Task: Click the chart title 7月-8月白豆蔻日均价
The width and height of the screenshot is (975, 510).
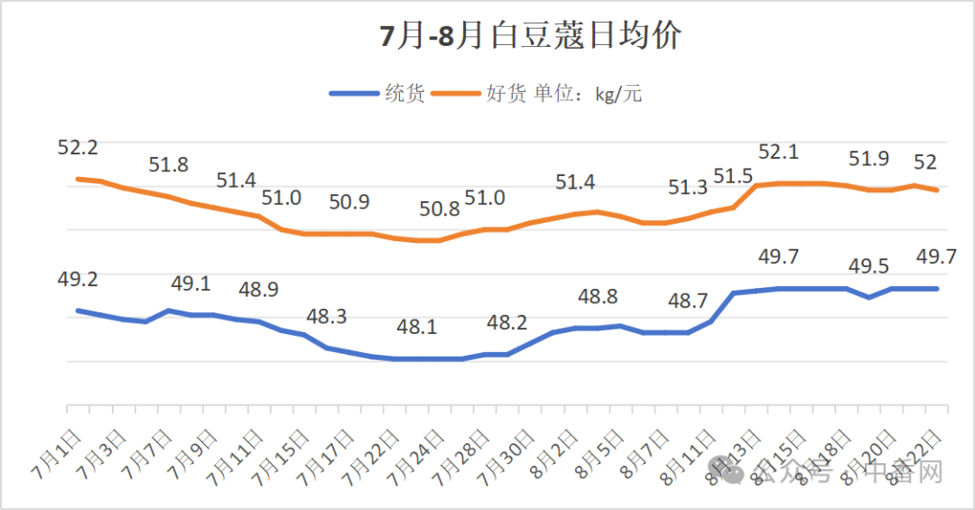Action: (530, 37)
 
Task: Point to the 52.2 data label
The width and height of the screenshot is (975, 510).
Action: (78, 147)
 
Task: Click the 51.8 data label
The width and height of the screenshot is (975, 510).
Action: (169, 164)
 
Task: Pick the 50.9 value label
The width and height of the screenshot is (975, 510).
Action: (349, 202)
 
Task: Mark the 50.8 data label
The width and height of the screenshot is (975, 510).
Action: (440, 209)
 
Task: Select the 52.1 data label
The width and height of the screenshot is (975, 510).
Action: (778, 152)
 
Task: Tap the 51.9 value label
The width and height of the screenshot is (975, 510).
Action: (868, 159)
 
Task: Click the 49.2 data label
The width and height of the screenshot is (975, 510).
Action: (78, 280)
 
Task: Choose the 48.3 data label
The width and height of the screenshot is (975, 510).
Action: (327, 317)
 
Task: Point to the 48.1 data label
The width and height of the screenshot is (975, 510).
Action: (417, 327)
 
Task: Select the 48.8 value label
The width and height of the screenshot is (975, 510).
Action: (598, 296)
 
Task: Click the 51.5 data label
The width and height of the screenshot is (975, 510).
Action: (733, 175)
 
